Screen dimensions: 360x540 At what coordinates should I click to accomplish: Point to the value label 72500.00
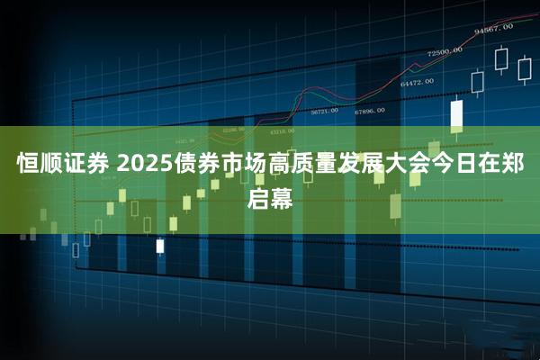coord(444,52)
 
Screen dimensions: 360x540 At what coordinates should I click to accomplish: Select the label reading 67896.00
coord(369,111)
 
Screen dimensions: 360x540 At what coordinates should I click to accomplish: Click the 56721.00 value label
coord(324,112)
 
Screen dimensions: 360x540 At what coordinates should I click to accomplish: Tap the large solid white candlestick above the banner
coord(456,113)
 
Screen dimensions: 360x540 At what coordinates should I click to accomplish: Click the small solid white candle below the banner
coord(160,245)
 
